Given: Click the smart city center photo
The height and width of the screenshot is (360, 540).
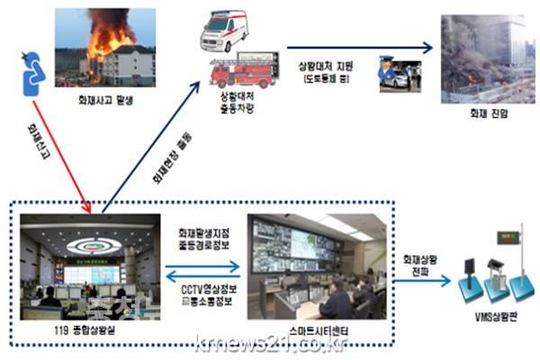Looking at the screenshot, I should click(310, 268).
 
